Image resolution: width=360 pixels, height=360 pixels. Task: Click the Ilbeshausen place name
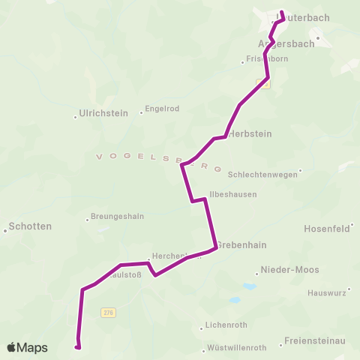(233, 193)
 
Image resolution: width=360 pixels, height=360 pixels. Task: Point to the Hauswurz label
(328, 292)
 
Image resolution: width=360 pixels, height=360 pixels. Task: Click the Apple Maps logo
(27, 347)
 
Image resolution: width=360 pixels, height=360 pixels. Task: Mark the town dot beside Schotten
(5, 231)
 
